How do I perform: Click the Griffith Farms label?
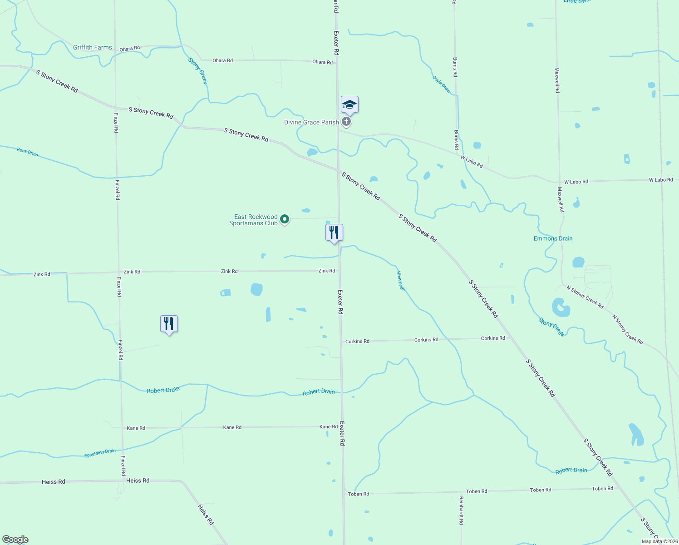pos(92,47)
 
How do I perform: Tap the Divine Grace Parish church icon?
pos(346,122)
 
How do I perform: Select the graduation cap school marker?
pos(349,105)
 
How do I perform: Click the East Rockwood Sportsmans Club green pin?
pos(285,219)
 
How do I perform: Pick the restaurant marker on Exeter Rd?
pos(334,233)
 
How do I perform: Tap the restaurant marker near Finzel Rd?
pos(169,324)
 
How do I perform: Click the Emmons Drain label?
pos(553,238)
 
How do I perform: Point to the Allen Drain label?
pos(401,280)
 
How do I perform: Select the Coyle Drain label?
pos(441,84)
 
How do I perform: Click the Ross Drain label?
pos(27,152)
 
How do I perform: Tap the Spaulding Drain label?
pos(100,453)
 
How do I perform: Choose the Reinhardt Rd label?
pos(461,510)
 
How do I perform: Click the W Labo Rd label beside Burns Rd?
pos(472,161)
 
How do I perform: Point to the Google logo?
pos(15,540)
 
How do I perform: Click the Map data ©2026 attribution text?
pos(659,541)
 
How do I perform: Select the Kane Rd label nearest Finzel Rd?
pos(136,428)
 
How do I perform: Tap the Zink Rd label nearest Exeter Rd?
pos(327,271)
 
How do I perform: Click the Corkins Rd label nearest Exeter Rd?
pos(357,341)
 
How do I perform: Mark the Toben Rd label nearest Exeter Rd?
pos(358,494)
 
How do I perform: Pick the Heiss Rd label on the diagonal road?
pos(205,514)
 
